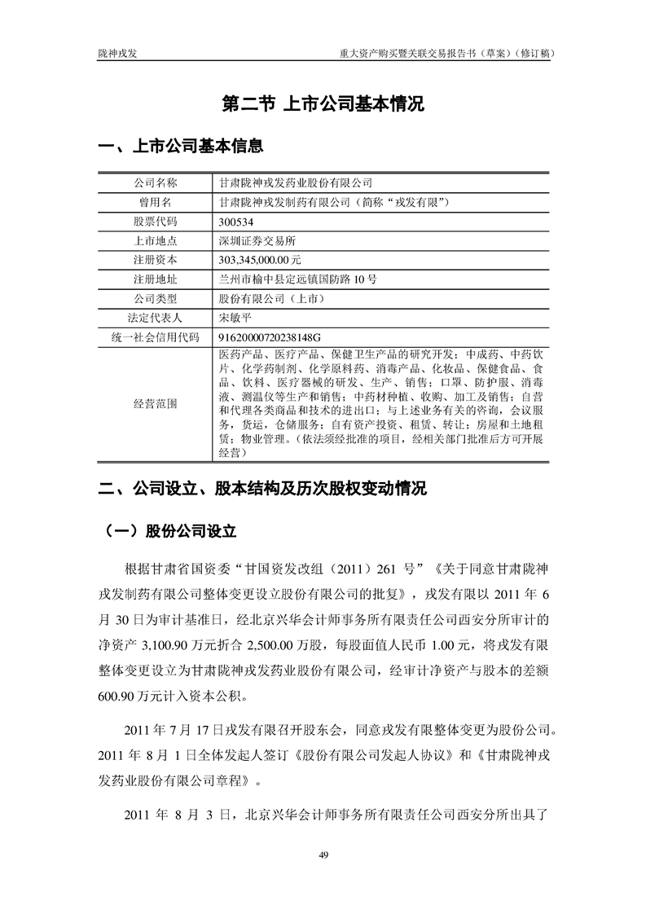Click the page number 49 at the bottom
tap(323, 854)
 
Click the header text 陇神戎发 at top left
tap(120, 53)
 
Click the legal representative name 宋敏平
tap(237, 317)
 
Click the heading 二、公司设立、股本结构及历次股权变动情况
tap(261, 490)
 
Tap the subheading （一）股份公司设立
tap(172, 532)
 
